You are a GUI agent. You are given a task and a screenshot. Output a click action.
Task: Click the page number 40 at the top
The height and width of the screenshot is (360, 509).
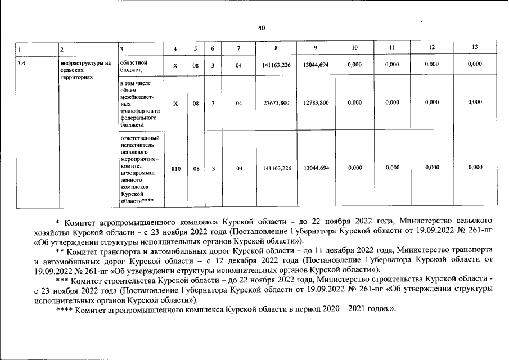(262, 28)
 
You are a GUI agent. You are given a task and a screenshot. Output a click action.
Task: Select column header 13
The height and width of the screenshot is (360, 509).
(475, 48)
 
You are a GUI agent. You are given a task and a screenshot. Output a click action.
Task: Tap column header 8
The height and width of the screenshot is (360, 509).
(276, 48)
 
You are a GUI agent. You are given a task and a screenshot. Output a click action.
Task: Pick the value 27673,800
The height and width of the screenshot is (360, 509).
(276, 102)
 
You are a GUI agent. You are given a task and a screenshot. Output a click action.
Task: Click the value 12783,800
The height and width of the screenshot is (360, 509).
(316, 102)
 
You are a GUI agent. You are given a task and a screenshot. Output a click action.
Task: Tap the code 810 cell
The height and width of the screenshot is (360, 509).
(175, 168)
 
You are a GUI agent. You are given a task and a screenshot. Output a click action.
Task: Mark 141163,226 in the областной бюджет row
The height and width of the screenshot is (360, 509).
(276, 65)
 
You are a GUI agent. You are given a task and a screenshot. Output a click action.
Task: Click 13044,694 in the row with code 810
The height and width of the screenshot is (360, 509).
(316, 168)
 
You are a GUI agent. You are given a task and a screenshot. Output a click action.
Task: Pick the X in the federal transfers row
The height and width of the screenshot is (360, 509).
(175, 102)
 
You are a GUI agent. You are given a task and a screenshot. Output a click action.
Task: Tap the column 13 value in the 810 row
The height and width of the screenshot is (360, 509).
(475, 168)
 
